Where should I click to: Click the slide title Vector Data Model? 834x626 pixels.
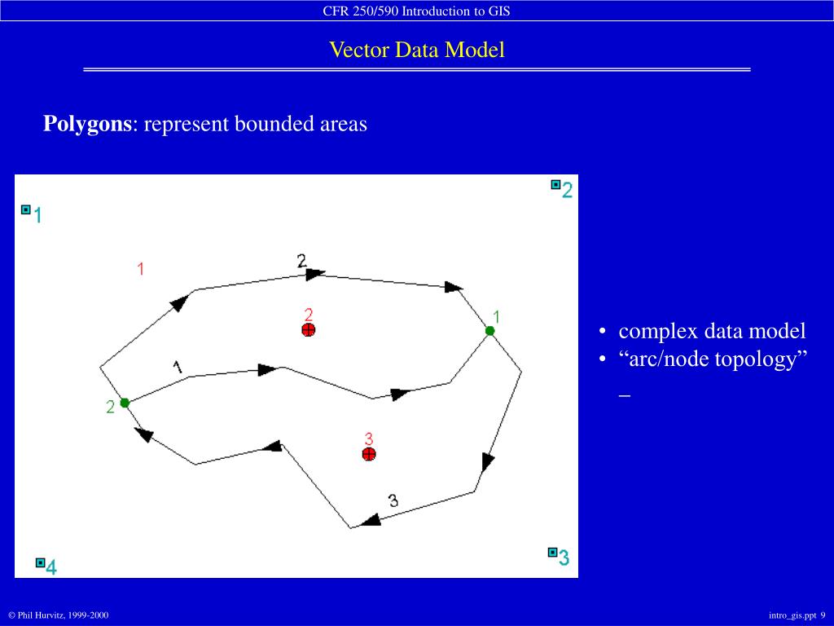click(x=416, y=51)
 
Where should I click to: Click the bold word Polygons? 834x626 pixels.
click(x=87, y=124)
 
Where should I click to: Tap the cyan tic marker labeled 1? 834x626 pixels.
click(x=26, y=210)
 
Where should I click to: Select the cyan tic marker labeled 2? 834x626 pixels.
click(x=555, y=185)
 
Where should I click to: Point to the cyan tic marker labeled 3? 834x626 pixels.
click(x=552, y=552)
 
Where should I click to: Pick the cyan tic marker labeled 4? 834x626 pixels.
click(x=40, y=562)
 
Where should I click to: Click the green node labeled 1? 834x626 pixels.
click(x=489, y=330)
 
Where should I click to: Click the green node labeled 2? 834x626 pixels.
click(x=125, y=403)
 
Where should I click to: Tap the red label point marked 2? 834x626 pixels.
click(x=308, y=329)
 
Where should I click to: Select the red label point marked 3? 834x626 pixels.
click(x=369, y=454)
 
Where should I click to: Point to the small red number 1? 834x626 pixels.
click(x=141, y=268)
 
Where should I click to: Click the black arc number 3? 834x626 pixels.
click(x=393, y=500)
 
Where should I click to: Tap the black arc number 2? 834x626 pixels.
click(x=301, y=261)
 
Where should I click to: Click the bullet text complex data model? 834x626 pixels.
click(x=712, y=331)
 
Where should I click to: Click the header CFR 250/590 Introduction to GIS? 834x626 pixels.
click(x=416, y=11)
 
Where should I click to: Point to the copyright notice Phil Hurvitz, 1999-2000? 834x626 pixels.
click(x=58, y=615)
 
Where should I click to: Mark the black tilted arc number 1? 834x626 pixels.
click(x=178, y=367)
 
